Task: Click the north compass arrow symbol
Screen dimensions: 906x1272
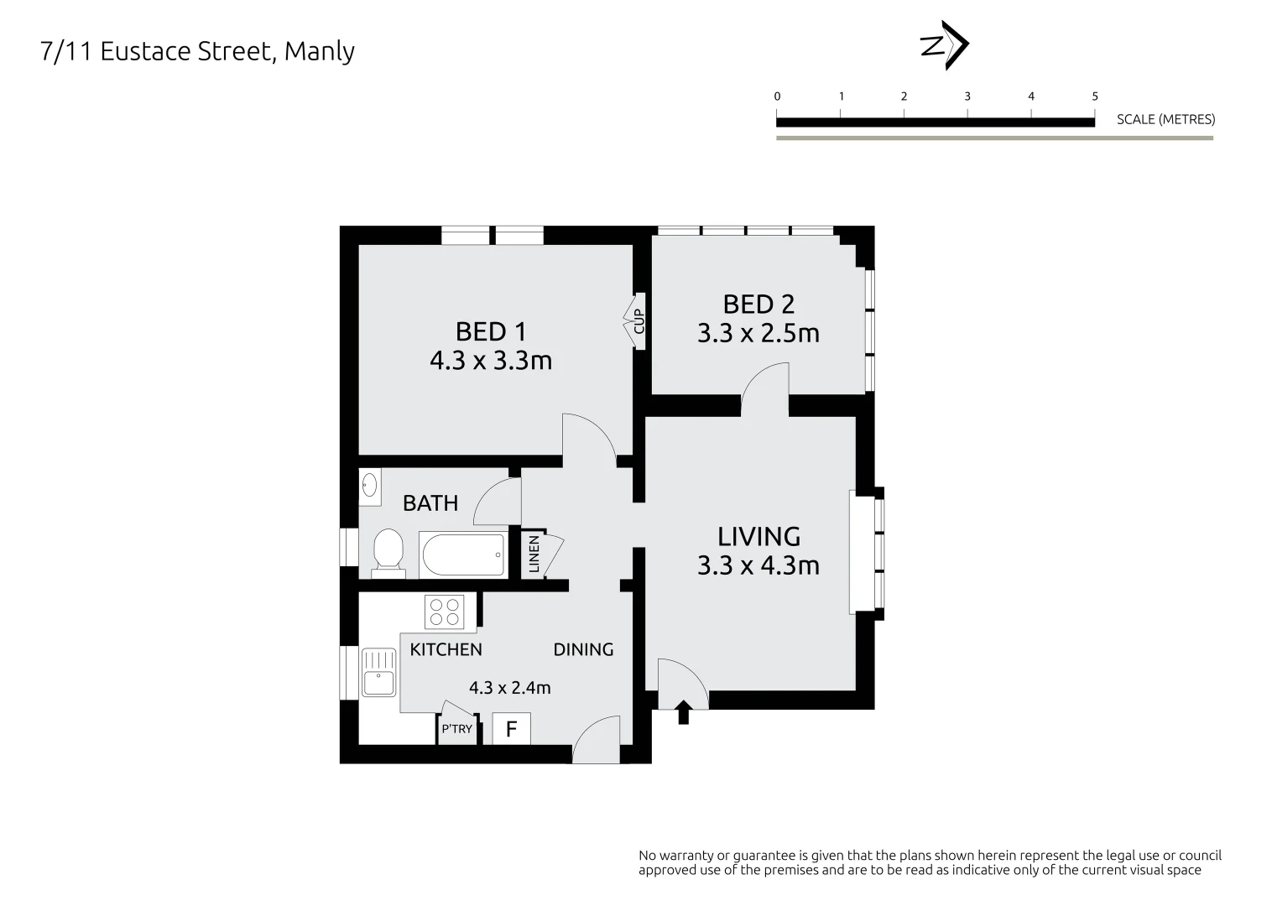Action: (945, 45)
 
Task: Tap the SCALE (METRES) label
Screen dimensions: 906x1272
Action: (1165, 119)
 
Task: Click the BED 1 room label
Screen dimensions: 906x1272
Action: (491, 331)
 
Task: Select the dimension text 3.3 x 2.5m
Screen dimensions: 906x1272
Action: (758, 334)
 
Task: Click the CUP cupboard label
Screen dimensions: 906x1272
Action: (639, 321)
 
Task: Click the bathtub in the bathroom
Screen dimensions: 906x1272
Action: (463, 555)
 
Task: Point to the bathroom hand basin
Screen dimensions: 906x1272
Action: (369, 487)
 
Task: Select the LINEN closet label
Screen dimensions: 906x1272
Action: (534, 555)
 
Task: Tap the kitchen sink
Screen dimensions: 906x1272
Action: (379, 672)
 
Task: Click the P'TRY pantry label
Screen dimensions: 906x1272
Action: (456, 729)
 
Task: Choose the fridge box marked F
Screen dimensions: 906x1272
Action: (511, 729)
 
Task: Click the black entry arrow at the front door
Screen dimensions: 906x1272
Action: (683, 712)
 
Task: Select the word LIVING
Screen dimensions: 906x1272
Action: (759, 536)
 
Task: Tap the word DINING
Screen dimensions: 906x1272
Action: (583, 649)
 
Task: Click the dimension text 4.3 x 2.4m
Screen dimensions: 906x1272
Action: (509, 688)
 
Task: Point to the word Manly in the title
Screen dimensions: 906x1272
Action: (320, 51)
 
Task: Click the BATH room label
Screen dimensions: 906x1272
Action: (430, 503)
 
